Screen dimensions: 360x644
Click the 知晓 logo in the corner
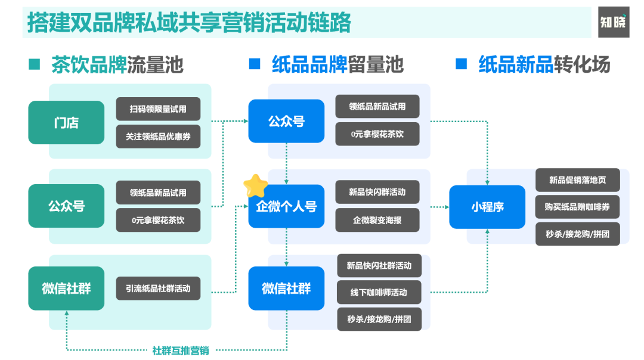pyautogui.click(x=614, y=22)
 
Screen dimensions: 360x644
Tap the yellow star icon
pyautogui.click(x=255, y=186)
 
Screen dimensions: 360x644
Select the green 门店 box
pyautogui.click(x=66, y=123)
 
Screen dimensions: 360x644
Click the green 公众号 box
pyautogui.click(x=66, y=206)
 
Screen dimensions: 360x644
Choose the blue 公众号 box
pyautogui.click(x=286, y=121)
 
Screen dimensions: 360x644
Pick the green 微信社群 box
pyautogui.click(x=66, y=288)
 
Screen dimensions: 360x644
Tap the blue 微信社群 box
pyautogui.click(x=286, y=288)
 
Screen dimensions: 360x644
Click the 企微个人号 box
pyautogui.click(x=286, y=206)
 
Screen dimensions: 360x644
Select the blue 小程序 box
pyautogui.click(x=487, y=207)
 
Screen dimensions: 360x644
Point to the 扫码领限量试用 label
pyautogui.click(x=158, y=109)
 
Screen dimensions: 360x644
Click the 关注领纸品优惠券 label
pyautogui.click(x=158, y=136)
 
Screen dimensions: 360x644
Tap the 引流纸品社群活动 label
pyautogui.click(x=158, y=288)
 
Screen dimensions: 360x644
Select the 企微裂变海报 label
pyautogui.click(x=377, y=220)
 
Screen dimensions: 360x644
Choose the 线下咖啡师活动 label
pyautogui.click(x=379, y=293)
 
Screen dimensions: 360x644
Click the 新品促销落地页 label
pyautogui.click(x=577, y=180)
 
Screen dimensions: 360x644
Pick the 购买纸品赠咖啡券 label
pyautogui.click(x=577, y=207)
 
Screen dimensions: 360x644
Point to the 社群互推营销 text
pyautogui.click(x=180, y=350)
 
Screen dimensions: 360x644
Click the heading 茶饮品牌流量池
pyautogui.click(x=117, y=64)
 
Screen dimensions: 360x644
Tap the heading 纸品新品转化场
pyautogui.click(x=544, y=64)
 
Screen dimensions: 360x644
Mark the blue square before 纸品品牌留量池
pyautogui.click(x=255, y=64)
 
